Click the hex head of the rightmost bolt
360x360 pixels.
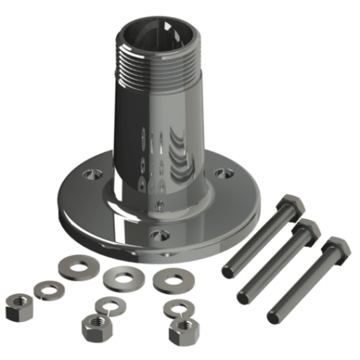coord(336,248)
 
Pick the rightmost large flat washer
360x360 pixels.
coord(170,279)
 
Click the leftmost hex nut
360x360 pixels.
coord(18,306)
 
